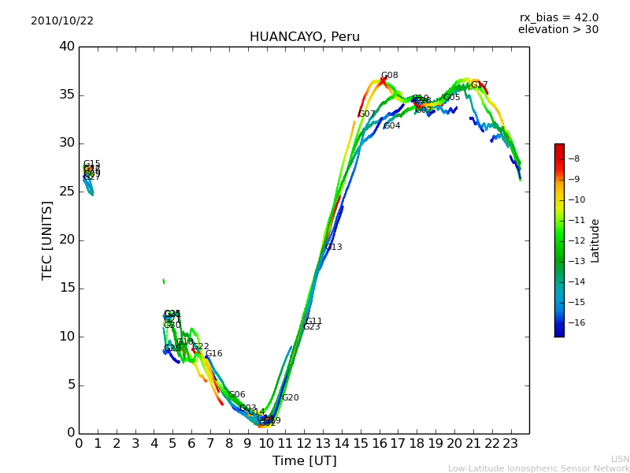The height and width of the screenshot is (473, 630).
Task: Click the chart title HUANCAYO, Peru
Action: (304, 37)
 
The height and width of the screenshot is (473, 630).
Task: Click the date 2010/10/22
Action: (62, 21)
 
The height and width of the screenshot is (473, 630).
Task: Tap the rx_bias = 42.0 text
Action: (558, 18)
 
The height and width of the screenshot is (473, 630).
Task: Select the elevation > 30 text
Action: (558, 30)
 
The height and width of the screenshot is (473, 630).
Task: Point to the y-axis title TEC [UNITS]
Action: (48, 240)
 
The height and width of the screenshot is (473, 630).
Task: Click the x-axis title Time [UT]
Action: (304, 460)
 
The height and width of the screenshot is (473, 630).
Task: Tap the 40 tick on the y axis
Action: (67, 47)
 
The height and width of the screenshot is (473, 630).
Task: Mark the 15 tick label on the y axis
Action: (67, 288)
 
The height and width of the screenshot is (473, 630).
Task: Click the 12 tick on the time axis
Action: (304, 443)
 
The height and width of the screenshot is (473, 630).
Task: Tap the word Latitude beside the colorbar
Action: (595, 240)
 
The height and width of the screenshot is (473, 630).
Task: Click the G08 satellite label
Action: (389, 76)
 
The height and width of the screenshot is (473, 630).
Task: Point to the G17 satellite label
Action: (479, 85)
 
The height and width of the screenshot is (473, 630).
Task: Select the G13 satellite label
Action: (334, 248)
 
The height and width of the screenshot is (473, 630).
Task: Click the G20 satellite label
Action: (291, 398)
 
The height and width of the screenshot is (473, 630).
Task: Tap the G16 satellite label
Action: (213, 354)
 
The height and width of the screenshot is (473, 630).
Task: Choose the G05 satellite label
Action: (452, 98)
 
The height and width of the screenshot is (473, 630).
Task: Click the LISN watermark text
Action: (620, 459)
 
